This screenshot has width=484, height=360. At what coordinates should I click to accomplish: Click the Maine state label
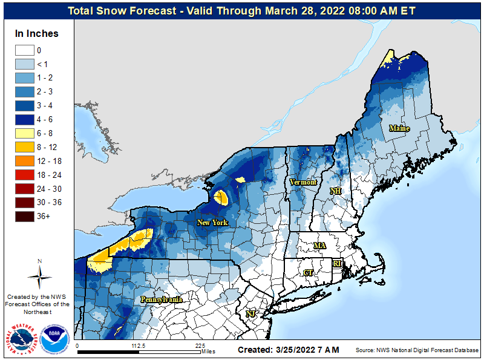tap(399, 128)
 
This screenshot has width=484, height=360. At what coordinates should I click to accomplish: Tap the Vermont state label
tap(302, 182)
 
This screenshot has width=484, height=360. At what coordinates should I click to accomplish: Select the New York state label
tap(212, 223)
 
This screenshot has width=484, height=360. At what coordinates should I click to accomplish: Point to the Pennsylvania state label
tap(162, 299)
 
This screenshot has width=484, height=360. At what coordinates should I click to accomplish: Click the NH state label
tap(335, 191)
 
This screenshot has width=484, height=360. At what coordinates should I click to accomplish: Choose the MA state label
tap(319, 245)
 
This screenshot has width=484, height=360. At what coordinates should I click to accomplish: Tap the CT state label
tap(308, 273)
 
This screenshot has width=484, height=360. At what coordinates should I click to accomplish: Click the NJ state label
tap(250, 313)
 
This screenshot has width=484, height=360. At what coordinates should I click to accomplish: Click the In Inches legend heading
tap(37, 34)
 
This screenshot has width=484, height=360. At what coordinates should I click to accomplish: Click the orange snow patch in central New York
tap(221, 197)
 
